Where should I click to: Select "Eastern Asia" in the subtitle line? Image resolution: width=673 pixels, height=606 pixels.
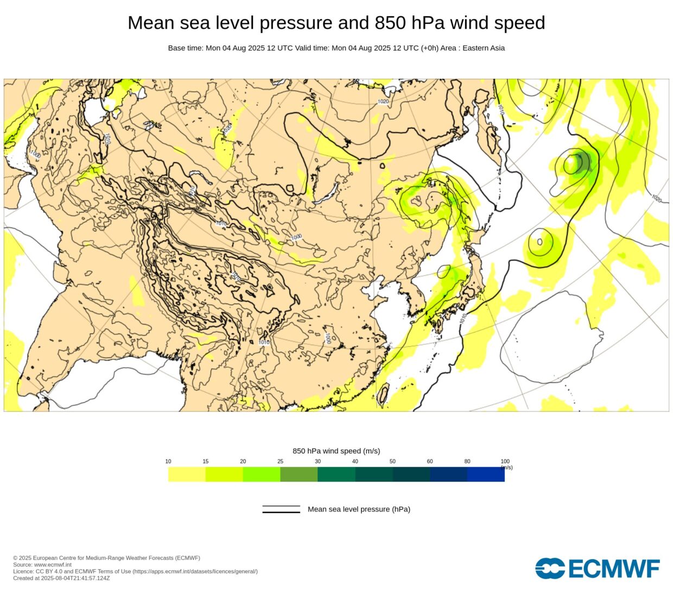483,48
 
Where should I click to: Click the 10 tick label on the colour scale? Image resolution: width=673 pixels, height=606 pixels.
168,462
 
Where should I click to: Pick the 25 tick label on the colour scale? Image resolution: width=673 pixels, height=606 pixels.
280,462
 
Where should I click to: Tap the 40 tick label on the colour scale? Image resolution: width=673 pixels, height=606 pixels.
355,462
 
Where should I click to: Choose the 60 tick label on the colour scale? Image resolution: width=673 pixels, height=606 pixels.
430,462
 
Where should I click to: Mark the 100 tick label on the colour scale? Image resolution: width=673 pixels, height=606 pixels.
505,462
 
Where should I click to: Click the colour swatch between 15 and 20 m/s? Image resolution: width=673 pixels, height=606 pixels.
224,475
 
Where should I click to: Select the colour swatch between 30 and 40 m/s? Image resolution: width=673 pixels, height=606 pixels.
336,475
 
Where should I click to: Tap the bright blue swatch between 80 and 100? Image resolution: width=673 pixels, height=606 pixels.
486,475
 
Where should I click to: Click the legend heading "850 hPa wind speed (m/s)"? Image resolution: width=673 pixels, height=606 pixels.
336,451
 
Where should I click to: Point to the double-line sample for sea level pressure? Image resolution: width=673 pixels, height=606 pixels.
281,509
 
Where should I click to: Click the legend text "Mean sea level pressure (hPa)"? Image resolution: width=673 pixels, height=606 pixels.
359,509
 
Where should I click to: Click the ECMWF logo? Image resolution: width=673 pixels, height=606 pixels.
597,569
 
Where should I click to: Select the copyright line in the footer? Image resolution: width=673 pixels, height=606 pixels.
106,558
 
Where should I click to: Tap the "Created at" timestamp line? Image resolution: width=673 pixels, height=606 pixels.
61,578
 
